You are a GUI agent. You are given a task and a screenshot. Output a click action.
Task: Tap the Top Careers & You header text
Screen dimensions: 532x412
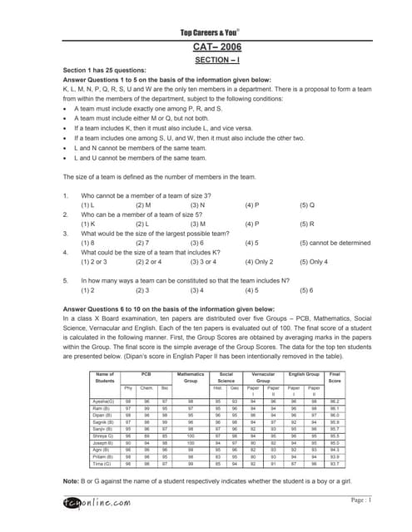(x=206, y=32)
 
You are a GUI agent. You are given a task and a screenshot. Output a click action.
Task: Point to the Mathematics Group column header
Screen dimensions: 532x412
(x=191, y=377)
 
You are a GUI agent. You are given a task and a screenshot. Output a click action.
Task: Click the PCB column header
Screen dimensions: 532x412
(x=146, y=374)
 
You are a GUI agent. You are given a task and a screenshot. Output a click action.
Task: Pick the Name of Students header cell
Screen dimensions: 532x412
(x=105, y=377)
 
